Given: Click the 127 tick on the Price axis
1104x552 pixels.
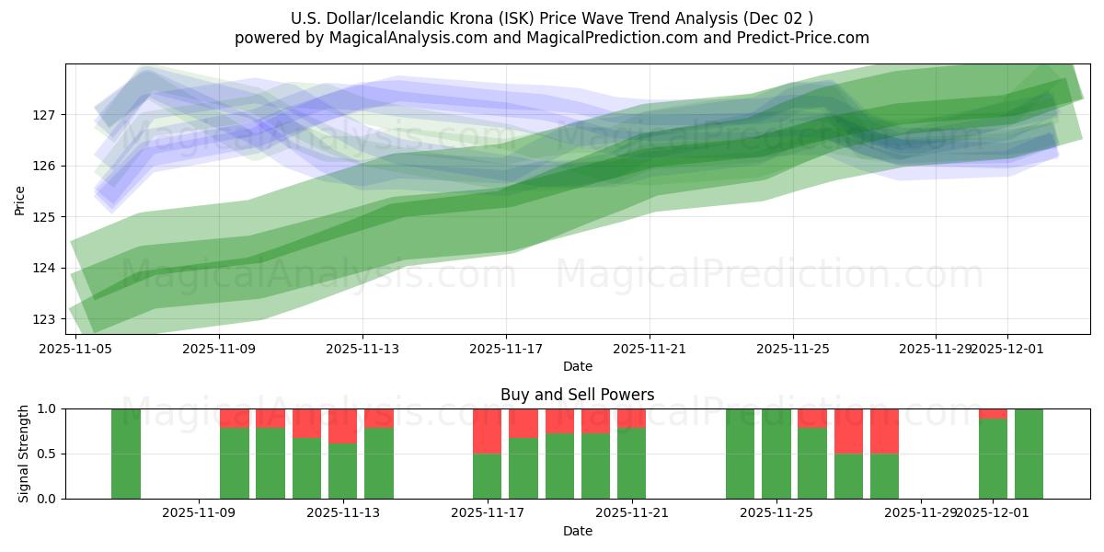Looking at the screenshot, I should click(46, 115).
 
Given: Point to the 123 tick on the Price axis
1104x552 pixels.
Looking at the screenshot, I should click(46, 319).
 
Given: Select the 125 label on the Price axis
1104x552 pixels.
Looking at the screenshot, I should click(46, 217).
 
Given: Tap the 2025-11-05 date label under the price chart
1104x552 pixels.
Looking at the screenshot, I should click(75, 349).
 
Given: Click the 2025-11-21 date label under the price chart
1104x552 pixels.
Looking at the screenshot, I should click(650, 349).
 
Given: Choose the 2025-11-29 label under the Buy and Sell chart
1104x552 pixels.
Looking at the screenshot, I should click(921, 513).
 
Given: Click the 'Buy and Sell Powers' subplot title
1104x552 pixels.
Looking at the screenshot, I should click(577, 395).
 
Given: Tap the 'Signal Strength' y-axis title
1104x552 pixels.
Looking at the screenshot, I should click(24, 454).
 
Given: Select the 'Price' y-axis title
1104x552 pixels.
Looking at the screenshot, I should click(20, 199).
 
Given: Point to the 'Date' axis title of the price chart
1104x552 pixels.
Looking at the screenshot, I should click(577, 367).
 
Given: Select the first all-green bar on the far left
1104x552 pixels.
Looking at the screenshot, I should click(126, 454).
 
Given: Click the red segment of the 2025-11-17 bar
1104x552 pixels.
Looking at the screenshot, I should click(487, 431).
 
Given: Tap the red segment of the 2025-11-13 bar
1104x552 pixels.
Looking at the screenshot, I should click(342, 426).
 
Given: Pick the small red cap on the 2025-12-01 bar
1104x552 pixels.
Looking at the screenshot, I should click(993, 413).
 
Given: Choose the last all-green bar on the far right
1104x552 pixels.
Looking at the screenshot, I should click(1029, 454).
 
